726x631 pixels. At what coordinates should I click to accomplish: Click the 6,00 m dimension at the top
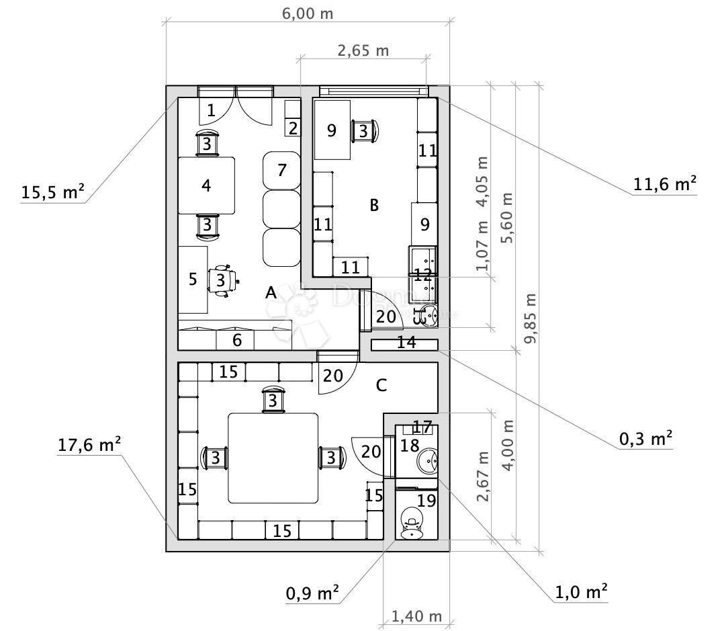pos(306,13)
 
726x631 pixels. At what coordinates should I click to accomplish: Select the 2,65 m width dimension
pos(363,50)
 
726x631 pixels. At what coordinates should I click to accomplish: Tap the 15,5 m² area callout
pos(53,192)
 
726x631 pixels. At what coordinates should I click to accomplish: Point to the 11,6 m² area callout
pos(664,183)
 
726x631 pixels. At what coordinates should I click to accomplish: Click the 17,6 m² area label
pos(89,444)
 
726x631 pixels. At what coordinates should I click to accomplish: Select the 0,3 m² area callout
pos(645,439)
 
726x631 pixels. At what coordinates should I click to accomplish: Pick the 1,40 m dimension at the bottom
pos(416,616)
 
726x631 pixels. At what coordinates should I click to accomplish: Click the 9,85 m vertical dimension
pos(531,318)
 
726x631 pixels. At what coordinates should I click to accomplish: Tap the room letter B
pos(374,205)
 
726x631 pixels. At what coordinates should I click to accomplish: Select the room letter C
pos(381,385)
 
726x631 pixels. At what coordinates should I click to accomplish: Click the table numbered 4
pos(206,185)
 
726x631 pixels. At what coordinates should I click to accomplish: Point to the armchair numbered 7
pos(281,170)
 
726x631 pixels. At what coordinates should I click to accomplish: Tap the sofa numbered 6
pos(236,339)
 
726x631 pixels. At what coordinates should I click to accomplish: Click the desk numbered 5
pos(193,279)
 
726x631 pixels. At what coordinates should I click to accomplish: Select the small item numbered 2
pos(292,127)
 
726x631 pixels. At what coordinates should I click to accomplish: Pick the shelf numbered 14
pos(405,343)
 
